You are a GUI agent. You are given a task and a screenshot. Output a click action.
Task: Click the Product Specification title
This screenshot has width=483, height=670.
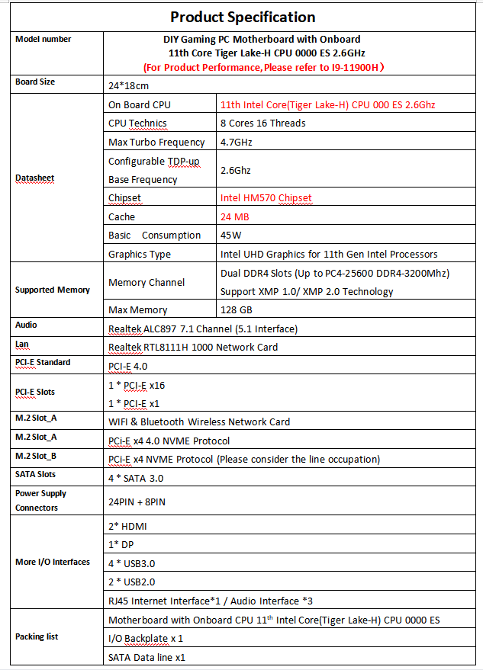[x=242, y=17]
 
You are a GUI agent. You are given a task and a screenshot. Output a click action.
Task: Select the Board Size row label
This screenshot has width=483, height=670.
[x=35, y=82]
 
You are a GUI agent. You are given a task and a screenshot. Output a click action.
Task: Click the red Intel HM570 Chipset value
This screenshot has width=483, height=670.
[x=266, y=198]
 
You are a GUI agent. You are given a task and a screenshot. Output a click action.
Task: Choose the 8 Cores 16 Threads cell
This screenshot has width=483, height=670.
[x=262, y=123]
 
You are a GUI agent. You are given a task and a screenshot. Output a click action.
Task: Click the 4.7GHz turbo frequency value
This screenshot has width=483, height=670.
[x=236, y=143]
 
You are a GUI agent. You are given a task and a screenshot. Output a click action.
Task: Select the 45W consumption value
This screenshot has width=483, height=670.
[x=230, y=236]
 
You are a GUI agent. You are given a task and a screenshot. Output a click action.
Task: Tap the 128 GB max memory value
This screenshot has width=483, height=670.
[x=235, y=310]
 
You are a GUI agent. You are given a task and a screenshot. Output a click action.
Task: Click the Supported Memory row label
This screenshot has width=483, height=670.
[x=53, y=290]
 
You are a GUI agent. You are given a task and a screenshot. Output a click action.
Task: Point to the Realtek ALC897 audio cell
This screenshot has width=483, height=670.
[x=202, y=329]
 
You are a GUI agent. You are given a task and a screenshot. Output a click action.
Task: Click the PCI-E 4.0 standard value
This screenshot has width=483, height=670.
[x=127, y=366]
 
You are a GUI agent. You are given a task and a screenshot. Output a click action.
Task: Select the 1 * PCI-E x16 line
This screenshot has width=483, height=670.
[x=137, y=385]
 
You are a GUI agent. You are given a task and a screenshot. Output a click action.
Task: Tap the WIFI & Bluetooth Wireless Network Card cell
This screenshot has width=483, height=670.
[x=199, y=422]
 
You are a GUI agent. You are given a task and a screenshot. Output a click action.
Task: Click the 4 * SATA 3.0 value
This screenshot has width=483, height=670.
[x=136, y=478]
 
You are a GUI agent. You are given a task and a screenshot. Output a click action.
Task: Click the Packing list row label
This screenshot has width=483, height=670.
[x=37, y=636]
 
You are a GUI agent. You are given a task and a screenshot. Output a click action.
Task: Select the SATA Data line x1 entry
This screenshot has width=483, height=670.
[x=147, y=657]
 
